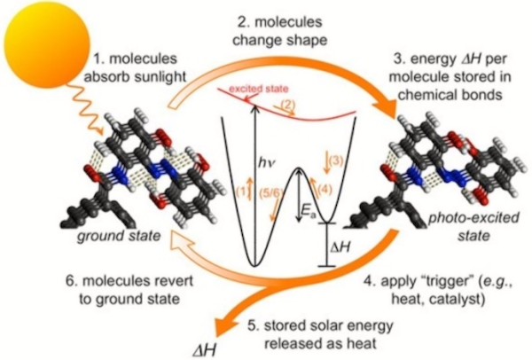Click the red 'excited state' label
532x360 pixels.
tap(259, 89)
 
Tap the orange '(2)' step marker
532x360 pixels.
tap(287, 105)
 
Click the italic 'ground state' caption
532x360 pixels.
tap(119, 236)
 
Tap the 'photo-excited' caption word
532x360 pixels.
tap(473, 217)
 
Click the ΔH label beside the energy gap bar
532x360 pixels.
tap(340, 247)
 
